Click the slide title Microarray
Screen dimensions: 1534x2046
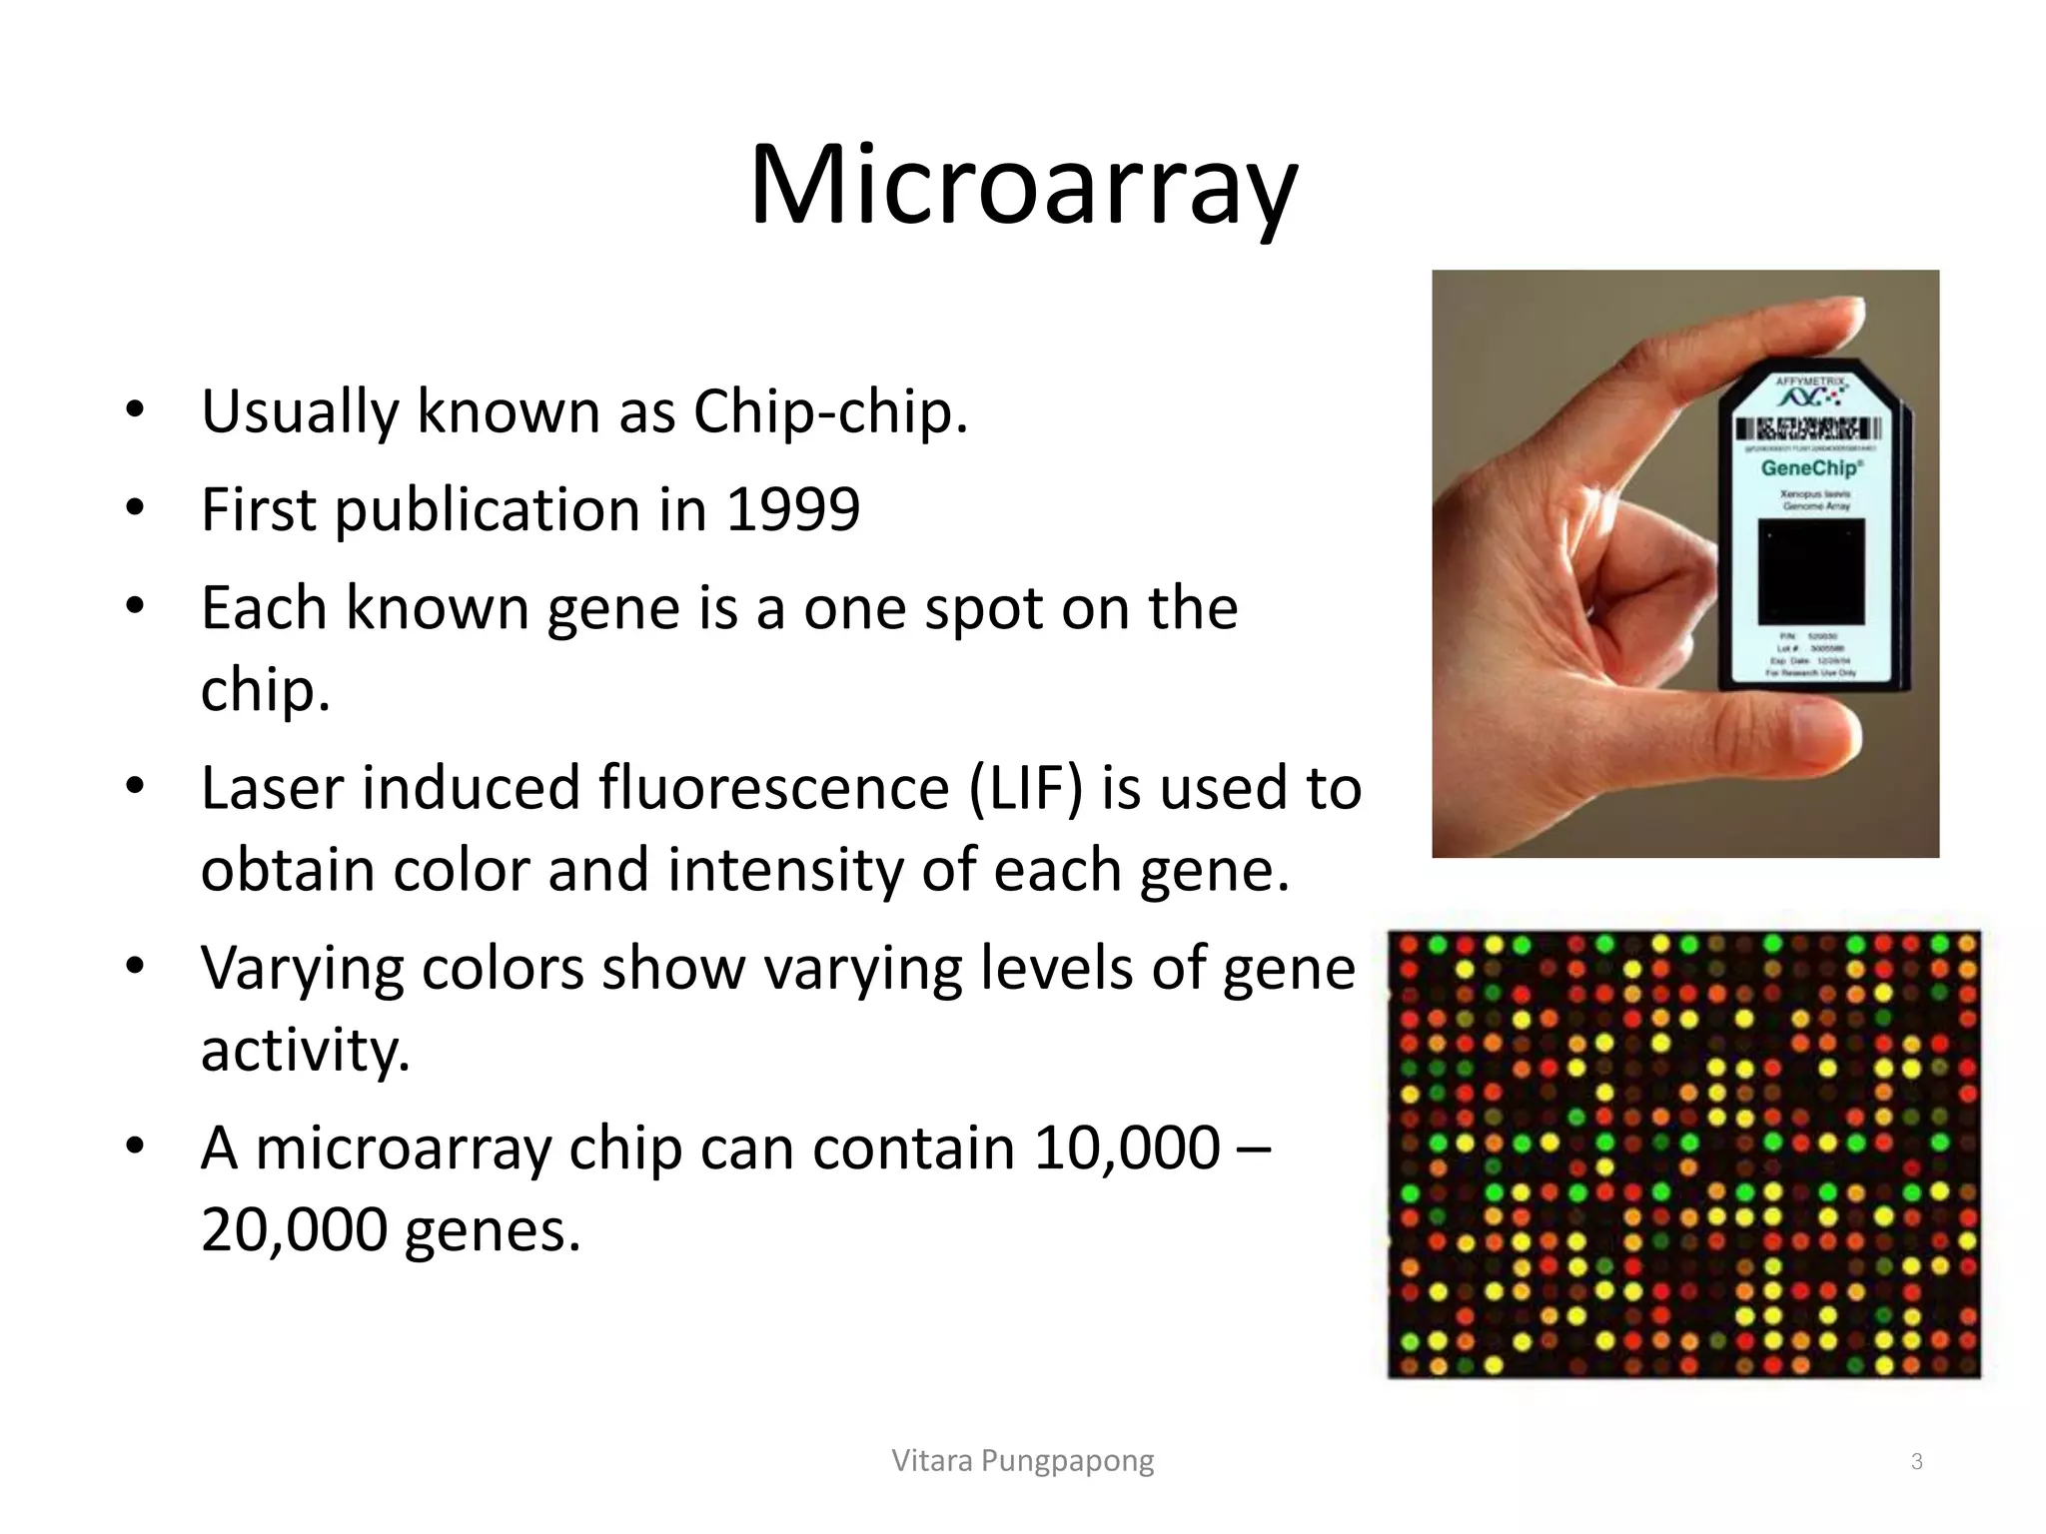coord(1023,187)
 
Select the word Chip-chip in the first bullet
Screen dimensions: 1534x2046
coord(829,411)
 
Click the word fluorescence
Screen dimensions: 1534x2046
coord(774,788)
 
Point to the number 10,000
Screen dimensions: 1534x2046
coord(1126,1148)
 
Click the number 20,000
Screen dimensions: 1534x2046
coord(294,1229)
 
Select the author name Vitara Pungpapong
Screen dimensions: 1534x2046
coord(1022,1461)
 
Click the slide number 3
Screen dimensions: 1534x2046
coord(1916,1462)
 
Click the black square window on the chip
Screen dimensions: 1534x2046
coord(1811,572)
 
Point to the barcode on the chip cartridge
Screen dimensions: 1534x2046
coord(1808,430)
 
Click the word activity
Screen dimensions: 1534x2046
coord(305,1051)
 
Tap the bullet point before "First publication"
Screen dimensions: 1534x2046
coord(136,508)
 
